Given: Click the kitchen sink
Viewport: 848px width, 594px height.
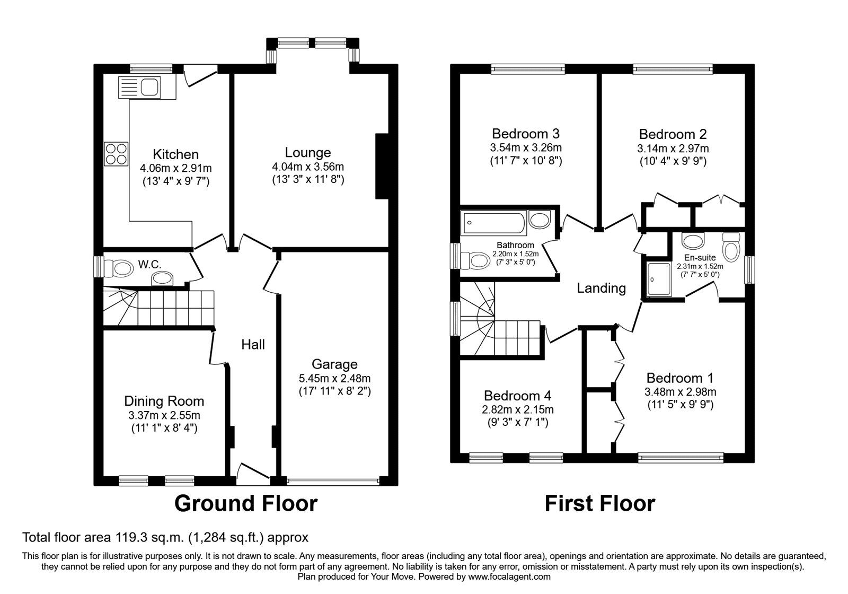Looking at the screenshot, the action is click(139, 88).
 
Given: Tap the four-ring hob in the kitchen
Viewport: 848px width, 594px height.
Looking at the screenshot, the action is click(116, 154).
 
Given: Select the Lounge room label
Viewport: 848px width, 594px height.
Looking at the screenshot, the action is click(308, 153).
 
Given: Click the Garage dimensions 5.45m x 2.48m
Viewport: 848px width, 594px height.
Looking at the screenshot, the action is click(334, 378).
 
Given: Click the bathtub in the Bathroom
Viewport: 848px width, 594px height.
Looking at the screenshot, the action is click(493, 223).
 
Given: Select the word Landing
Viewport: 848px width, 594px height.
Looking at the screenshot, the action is click(601, 289).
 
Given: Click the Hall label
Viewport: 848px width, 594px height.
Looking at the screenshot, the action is click(253, 344).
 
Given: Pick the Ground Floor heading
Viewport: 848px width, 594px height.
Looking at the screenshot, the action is click(246, 504).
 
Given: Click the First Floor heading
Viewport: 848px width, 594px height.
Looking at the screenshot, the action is click(600, 504).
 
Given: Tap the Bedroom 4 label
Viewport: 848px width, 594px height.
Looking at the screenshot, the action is click(517, 396).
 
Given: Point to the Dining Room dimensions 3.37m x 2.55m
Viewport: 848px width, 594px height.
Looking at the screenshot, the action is click(164, 415).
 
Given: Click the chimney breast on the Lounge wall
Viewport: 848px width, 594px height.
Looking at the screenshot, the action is click(382, 166).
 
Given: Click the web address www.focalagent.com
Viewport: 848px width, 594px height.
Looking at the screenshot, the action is click(509, 576).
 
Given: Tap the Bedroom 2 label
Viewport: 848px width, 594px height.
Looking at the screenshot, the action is click(673, 134).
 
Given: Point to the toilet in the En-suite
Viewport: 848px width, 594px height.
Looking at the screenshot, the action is click(731, 247).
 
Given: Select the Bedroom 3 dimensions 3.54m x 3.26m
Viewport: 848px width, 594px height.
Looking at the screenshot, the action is click(526, 147).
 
